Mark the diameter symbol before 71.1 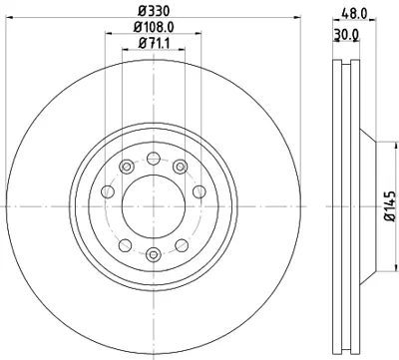139,43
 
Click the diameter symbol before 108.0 134,28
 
